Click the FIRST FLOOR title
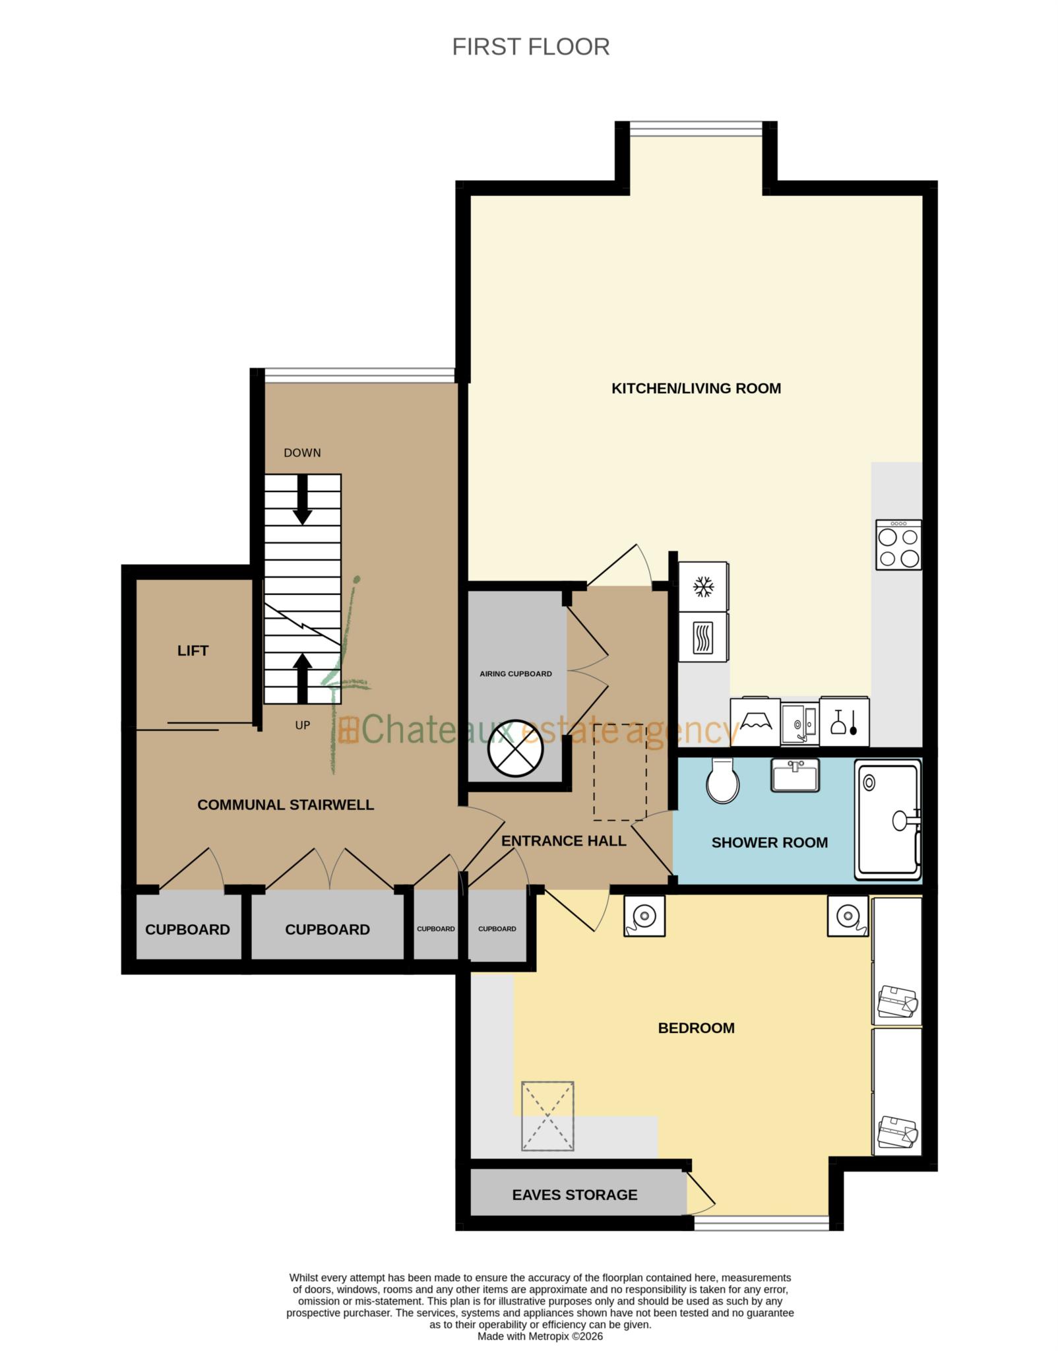pos(530,47)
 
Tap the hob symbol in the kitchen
pos(898,545)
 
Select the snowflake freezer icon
pos(703,586)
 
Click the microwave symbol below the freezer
pos(703,638)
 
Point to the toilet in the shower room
pos(722,781)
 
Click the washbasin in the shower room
pos(795,775)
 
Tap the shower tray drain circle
pos(869,783)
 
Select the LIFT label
pos(193,651)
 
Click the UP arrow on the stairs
pos(302,677)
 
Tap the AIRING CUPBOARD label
pos(515,674)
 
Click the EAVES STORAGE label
pos(575,1195)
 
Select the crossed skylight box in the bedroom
pos(547,1116)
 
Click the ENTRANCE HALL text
pos(563,841)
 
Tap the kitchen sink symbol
pos(799,722)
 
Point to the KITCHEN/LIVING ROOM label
pos(696,389)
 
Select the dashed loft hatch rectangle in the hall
pos(619,771)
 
